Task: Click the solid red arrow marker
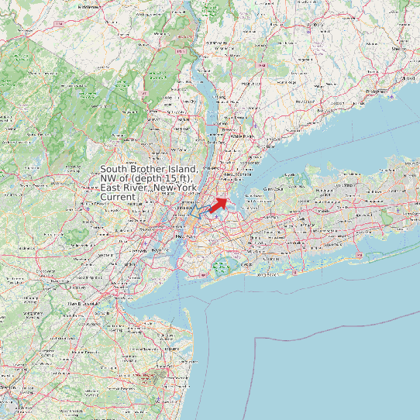(219, 205)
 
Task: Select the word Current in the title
(118, 198)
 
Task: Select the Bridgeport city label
(374, 91)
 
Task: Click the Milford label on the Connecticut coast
(404, 78)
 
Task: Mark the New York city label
(184, 236)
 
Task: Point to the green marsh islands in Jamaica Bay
(223, 267)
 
